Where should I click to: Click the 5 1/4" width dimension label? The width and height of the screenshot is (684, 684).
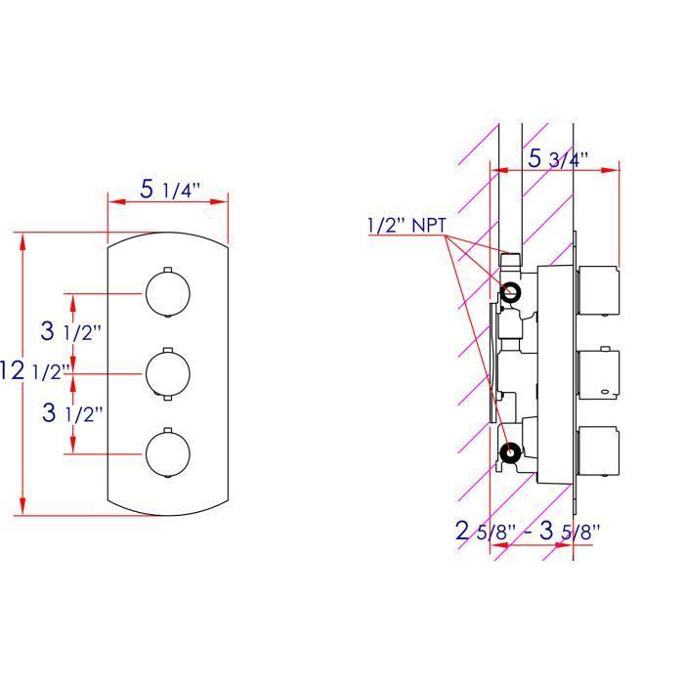point(170,190)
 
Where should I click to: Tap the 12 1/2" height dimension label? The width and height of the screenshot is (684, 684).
point(35,370)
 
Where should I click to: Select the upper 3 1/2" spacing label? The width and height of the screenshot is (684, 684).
point(70,331)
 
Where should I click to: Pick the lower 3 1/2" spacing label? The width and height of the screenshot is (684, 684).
point(72,412)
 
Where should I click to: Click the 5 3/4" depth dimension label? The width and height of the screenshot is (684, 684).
point(558,158)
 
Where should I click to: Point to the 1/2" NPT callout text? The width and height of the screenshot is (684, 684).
point(406,225)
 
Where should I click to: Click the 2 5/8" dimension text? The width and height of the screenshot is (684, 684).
point(486,531)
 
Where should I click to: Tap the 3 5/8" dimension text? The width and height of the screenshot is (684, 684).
point(570,531)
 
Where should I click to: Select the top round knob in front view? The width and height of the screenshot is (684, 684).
point(168,293)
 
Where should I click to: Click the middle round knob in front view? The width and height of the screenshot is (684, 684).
point(168,374)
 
